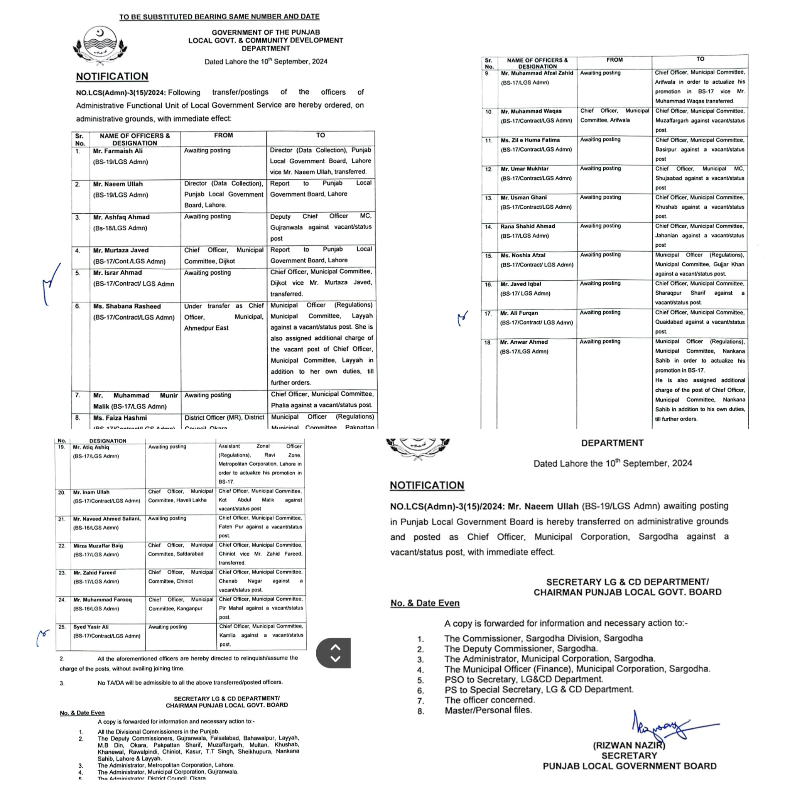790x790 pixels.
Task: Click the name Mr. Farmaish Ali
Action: click(x=118, y=151)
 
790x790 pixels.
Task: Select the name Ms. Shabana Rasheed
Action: click(x=127, y=306)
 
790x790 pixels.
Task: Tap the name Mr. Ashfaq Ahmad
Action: click(x=121, y=217)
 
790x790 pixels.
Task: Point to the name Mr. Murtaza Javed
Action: click(x=121, y=250)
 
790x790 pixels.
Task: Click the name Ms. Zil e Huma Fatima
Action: click(x=530, y=140)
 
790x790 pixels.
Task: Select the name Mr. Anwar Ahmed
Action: click(x=524, y=342)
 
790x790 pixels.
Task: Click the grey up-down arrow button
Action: click(x=335, y=653)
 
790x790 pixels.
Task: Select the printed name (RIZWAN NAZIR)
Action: click(x=629, y=745)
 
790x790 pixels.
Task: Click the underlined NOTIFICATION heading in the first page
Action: click(x=112, y=76)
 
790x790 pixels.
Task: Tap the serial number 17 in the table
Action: click(x=488, y=314)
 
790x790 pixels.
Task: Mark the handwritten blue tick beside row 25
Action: click(x=42, y=636)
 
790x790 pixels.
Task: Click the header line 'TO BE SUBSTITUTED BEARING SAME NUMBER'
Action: click(x=219, y=17)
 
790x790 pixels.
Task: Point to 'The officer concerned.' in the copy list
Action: click(x=490, y=700)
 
